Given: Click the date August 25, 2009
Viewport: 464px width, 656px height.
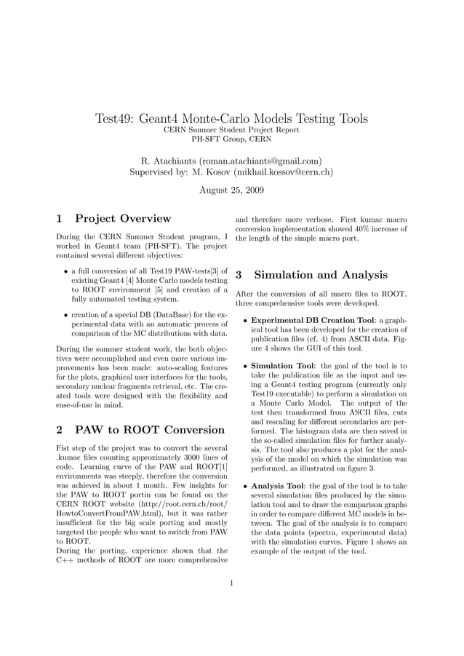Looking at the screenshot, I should coord(231,190).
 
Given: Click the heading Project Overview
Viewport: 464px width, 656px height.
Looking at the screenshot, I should coord(123,218).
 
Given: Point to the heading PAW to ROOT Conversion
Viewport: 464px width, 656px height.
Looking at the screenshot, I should coord(150,430).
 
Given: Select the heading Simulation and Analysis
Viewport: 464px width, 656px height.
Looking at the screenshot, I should coord(321,275).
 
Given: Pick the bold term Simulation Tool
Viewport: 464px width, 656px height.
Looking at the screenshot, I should coord(282,366).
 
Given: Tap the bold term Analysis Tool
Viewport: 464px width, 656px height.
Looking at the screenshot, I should coord(278,486).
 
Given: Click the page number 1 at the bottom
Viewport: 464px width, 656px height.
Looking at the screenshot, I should coord(231,583).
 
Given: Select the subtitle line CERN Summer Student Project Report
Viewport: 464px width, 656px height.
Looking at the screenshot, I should coord(231,129).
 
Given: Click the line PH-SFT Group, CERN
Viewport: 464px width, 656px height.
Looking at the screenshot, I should coord(231,139).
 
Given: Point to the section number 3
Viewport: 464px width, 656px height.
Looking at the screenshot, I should coord(239,275).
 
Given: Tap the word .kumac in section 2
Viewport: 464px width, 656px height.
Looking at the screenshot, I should coord(70,460).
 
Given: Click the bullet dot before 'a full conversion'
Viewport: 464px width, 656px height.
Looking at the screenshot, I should coord(65,270).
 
